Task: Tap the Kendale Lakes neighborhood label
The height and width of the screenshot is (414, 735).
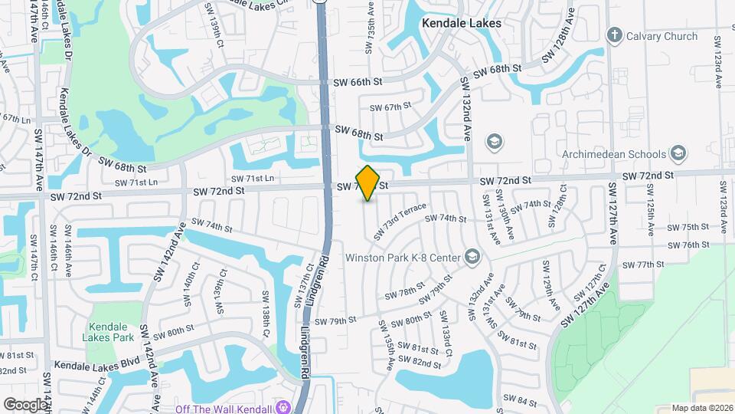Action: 462,23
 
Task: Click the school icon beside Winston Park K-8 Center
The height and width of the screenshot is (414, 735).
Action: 472,256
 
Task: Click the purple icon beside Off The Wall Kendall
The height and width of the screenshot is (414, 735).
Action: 284,406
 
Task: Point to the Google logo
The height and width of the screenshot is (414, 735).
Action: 25,404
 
